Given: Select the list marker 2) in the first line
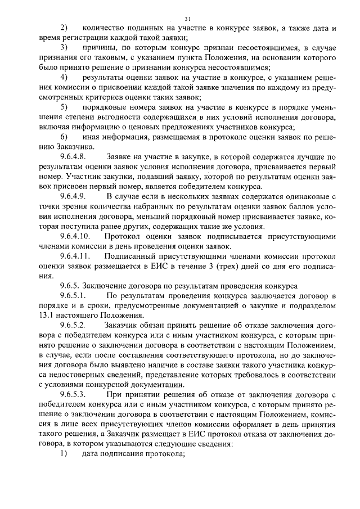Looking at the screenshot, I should point(64,28).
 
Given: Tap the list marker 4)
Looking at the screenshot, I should point(64,76).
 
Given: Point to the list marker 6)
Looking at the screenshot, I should point(64,138).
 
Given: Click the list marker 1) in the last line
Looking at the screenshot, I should point(64,454).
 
